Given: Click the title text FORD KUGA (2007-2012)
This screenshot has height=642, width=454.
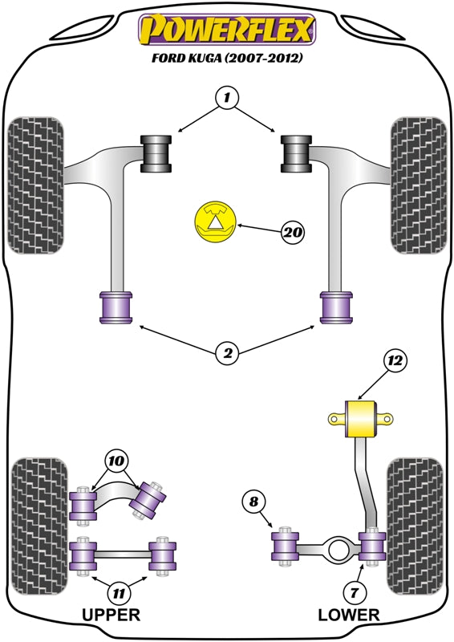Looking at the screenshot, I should pyautogui.click(x=228, y=58).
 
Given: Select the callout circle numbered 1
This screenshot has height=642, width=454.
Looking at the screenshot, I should pyautogui.click(x=227, y=99).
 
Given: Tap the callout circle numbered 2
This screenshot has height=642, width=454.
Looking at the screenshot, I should pyautogui.click(x=227, y=351).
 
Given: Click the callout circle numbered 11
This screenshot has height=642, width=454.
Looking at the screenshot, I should pyautogui.click(x=118, y=594).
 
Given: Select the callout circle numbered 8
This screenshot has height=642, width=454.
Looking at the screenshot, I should pyautogui.click(x=253, y=502).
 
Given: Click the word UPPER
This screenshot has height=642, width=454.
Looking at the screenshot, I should pyautogui.click(x=111, y=616).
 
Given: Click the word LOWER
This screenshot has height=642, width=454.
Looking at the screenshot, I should pyautogui.click(x=348, y=616).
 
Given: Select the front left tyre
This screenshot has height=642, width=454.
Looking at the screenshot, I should pyautogui.click(x=35, y=185).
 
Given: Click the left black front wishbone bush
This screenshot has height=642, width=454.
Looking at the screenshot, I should pyautogui.click(x=157, y=153).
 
